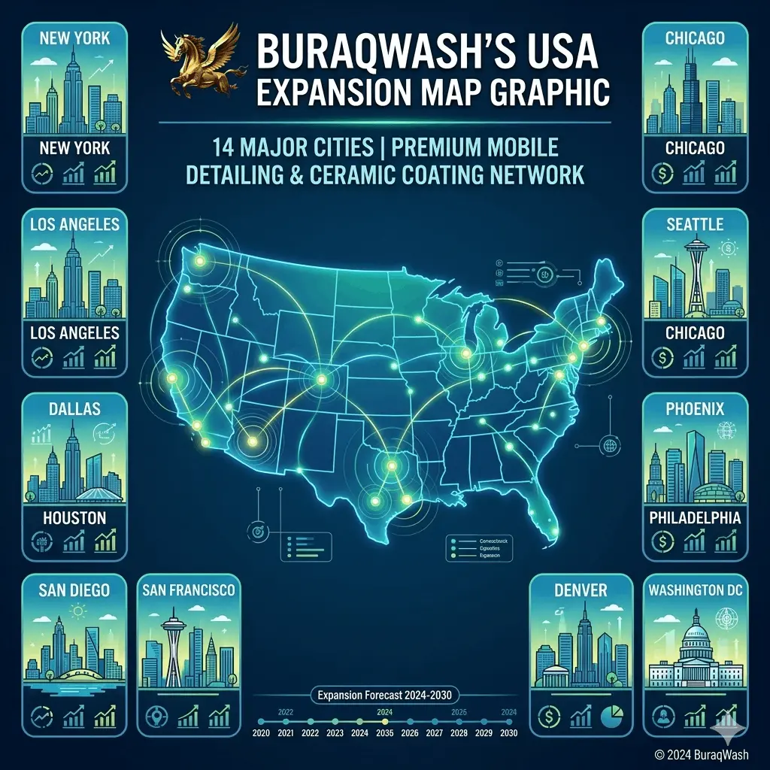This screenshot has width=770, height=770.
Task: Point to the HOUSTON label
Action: [x=74, y=518]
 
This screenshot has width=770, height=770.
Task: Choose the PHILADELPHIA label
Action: [x=695, y=518]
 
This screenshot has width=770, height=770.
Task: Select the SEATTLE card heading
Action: [x=695, y=224]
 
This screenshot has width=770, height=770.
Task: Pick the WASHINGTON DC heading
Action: [x=695, y=590]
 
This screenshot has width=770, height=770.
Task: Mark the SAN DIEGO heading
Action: [x=74, y=590]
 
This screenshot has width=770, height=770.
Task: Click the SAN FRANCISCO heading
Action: [x=189, y=590]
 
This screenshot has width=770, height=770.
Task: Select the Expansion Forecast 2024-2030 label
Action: [x=384, y=696]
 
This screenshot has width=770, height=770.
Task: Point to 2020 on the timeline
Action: [x=262, y=733]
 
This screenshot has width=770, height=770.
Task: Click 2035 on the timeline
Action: [x=385, y=733]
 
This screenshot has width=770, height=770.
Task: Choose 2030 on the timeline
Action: [x=509, y=733]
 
